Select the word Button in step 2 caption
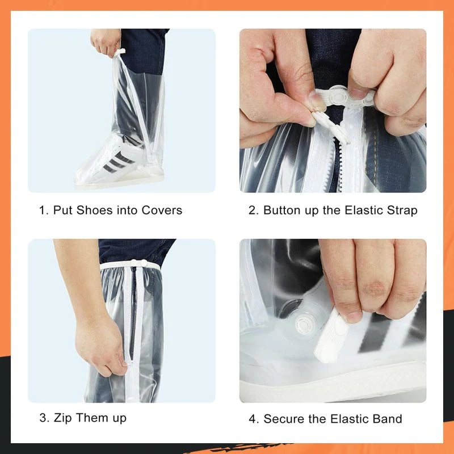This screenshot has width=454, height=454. [x=283, y=211]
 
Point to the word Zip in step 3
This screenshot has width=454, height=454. [x=63, y=418]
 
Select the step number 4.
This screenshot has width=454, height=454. [x=253, y=419]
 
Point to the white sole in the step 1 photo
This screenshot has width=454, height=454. [x=119, y=180]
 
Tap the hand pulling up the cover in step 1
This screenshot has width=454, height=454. [x=106, y=43]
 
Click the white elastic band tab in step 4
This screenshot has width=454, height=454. [x=332, y=335]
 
